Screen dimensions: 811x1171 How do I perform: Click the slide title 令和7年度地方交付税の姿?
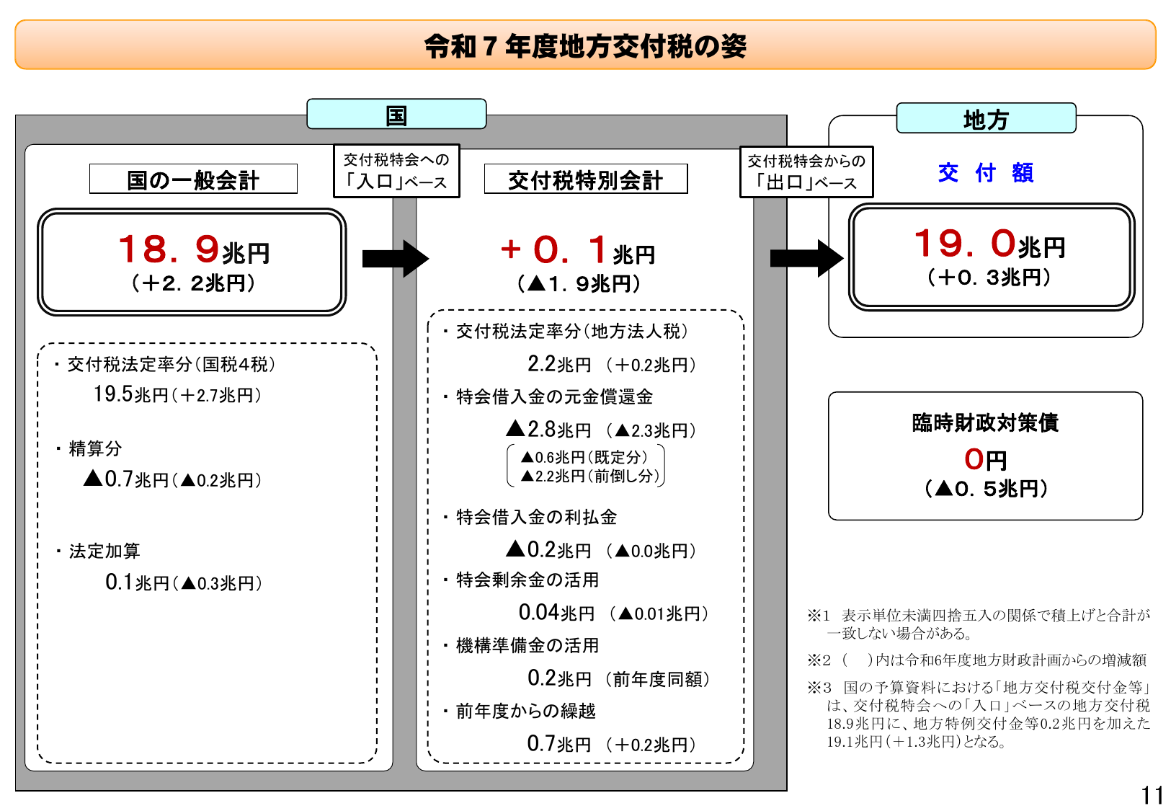pyautogui.click(x=585, y=46)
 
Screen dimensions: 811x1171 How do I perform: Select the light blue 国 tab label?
pyautogui.click(x=396, y=115)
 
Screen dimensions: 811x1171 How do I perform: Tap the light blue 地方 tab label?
pyautogui.click(x=986, y=119)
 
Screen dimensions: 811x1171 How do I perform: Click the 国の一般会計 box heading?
pyautogui.click(x=193, y=180)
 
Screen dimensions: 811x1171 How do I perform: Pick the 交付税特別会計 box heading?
pyautogui.click(x=585, y=180)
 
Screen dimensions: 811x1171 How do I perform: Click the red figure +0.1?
pyautogui.click(x=553, y=250)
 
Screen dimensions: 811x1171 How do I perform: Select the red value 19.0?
pyautogui.click(x=964, y=244)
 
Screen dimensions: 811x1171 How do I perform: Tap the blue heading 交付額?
pyautogui.click(x=986, y=173)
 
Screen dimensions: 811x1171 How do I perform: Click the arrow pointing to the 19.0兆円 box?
pyautogui.click(x=806, y=258)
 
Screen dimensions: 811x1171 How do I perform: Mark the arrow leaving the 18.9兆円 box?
pyautogui.click(x=395, y=258)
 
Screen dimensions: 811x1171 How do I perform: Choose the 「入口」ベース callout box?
pyautogui.click(x=396, y=171)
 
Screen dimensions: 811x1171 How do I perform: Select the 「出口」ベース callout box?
pyautogui.click(x=806, y=172)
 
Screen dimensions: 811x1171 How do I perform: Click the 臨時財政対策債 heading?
pyautogui.click(x=985, y=422)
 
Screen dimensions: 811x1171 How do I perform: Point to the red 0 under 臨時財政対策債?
pyautogui.click(x=974, y=459)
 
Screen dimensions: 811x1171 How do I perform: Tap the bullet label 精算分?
pyautogui.click(x=95, y=448)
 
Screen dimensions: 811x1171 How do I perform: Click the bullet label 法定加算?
pyautogui.click(x=104, y=551)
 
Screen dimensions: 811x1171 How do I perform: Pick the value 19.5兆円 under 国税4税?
pyautogui.click(x=130, y=394)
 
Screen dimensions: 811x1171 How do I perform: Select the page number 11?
pyautogui.click(x=1152, y=795)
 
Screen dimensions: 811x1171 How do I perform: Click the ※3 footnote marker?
pyautogui.click(x=819, y=688)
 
